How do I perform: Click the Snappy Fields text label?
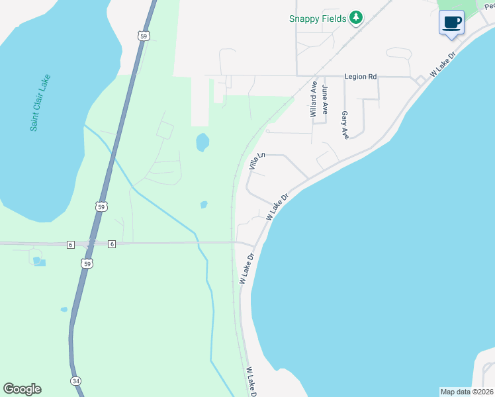(x=318, y=19)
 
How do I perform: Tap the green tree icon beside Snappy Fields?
(x=357, y=18)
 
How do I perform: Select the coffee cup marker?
(x=452, y=22)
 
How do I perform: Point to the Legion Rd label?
(x=361, y=77)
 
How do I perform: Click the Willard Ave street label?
(x=314, y=99)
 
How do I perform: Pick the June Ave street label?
(x=324, y=99)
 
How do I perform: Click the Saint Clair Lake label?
(x=40, y=103)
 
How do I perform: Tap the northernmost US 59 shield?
(x=144, y=36)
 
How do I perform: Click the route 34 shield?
(x=75, y=381)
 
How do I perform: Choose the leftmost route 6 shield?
(x=70, y=244)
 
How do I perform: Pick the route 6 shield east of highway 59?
(x=112, y=244)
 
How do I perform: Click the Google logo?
(x=22, y=389)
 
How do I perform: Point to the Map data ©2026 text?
(x=466, y=392)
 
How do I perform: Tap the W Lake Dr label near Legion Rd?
(x=443, y=64)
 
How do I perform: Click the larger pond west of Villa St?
(x=202, y=142)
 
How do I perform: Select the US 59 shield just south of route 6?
(x=88, y=263)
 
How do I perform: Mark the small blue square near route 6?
(x=40, y=263)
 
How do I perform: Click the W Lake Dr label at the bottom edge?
(x=251, y=382)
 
